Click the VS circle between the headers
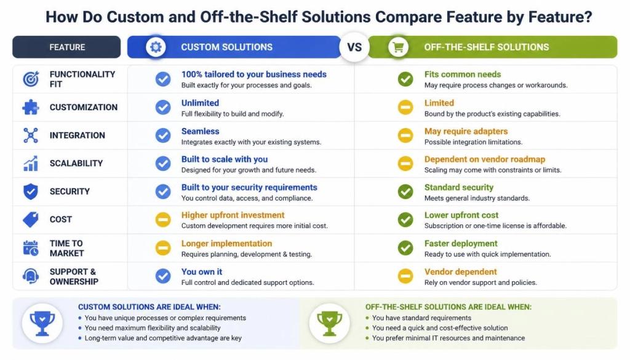354,47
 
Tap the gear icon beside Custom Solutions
156,47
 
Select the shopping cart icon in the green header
398,47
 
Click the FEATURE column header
66,47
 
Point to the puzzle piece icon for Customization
31,107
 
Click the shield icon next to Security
31,191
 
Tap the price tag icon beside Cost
31,219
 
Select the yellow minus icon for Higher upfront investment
163,220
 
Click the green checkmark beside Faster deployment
405,248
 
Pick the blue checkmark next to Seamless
163,135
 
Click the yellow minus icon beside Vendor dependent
405,276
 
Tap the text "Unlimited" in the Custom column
200,103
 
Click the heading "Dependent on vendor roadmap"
485,159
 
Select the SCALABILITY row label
76,163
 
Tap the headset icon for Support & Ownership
31,276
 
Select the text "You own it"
202,271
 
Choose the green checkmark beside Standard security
405,191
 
